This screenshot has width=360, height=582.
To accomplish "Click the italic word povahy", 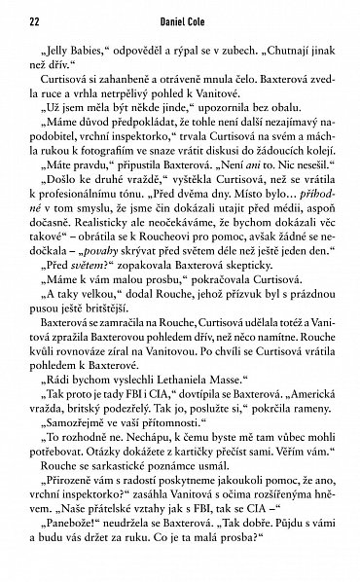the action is click(x=142, y=301).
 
